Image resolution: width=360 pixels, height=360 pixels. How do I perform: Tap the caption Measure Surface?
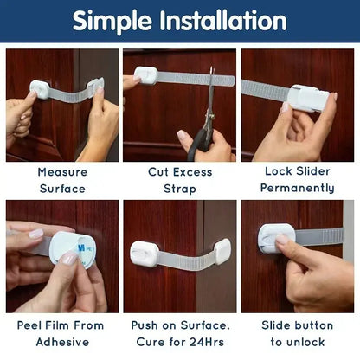[61, 179]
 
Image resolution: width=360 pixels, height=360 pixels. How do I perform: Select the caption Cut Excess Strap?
[179, 179]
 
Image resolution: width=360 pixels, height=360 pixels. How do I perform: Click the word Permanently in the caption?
[297, 188]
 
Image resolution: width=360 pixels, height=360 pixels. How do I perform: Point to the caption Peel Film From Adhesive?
[61, 333]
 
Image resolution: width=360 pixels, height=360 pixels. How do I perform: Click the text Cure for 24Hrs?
[179, 341]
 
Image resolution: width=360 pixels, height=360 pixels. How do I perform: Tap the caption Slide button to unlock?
[297, 333]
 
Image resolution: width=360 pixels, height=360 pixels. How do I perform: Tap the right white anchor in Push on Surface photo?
[221, 251]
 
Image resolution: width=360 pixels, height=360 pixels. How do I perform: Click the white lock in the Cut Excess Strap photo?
[146, 76]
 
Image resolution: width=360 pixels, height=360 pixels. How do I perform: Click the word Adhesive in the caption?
[61, 341]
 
